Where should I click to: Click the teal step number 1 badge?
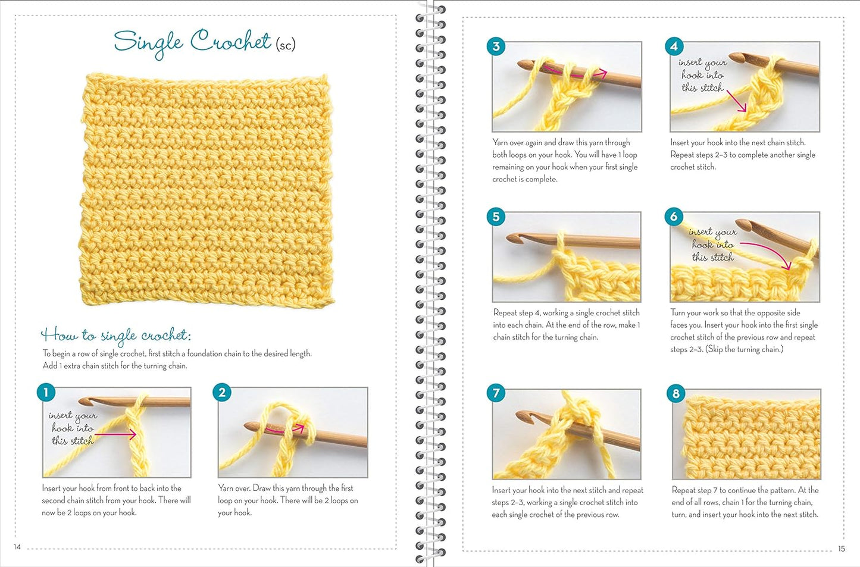[46, 392]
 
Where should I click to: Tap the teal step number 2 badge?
[222, 392]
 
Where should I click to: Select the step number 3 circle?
[496, 46]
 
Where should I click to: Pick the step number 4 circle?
[674, 46]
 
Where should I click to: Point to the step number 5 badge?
[496, 217]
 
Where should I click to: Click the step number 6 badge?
[674, 217]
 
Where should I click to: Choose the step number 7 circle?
[496, 393]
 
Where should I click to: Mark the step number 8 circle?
[676, 393]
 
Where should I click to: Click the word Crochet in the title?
[230, 42]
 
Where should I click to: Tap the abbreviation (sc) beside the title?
[285, 43]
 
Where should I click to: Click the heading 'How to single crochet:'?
[115, 335]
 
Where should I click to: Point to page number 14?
[17, 547]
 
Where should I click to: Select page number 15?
[841, 549]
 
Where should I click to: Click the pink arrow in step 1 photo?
[116, 435]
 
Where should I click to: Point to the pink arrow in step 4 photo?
[736, 101]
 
